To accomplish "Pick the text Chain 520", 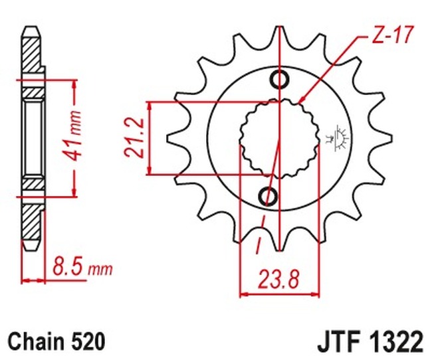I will (x=57, y=342).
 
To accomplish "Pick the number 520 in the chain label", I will (x=90, y=342).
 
